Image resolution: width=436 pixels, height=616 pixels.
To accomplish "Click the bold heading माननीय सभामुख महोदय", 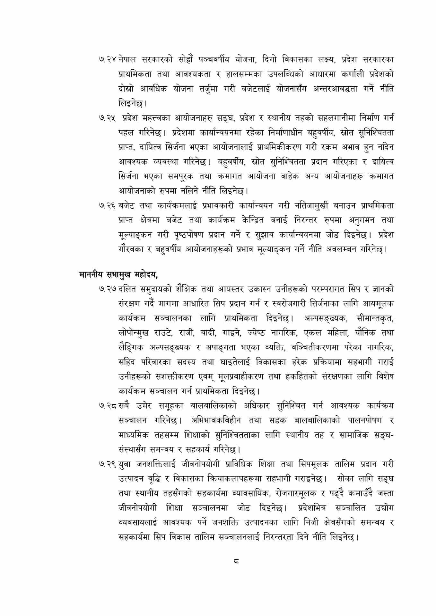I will click(118, 275).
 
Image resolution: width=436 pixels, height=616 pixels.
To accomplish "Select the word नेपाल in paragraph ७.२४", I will click(127, 60).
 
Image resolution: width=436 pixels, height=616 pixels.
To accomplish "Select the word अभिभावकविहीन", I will click(215, 421).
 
